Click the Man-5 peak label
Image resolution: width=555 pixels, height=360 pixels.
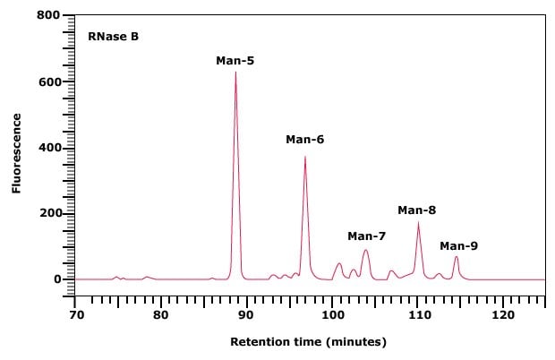click(235, 61)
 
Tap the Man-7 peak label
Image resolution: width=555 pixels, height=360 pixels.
click(366, 236)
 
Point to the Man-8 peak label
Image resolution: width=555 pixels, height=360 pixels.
click(416, 210)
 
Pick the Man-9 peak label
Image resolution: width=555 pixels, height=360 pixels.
click(458, 245)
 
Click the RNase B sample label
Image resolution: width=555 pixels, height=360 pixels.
click(113, 38)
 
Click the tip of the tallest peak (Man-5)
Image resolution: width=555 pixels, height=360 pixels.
click(235, 72)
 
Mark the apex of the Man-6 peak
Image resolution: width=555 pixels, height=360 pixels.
click(305, 157)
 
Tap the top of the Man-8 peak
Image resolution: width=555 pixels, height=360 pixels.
click(418, 223)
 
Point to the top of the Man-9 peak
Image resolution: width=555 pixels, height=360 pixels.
click(457, 257)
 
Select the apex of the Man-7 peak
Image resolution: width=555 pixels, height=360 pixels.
click(365, 250)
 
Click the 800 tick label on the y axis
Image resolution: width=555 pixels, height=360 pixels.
click(48, 16)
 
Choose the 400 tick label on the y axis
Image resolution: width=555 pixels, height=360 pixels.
click(48, 148)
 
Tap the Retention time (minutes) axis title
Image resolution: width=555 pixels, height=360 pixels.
click(309, 342)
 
